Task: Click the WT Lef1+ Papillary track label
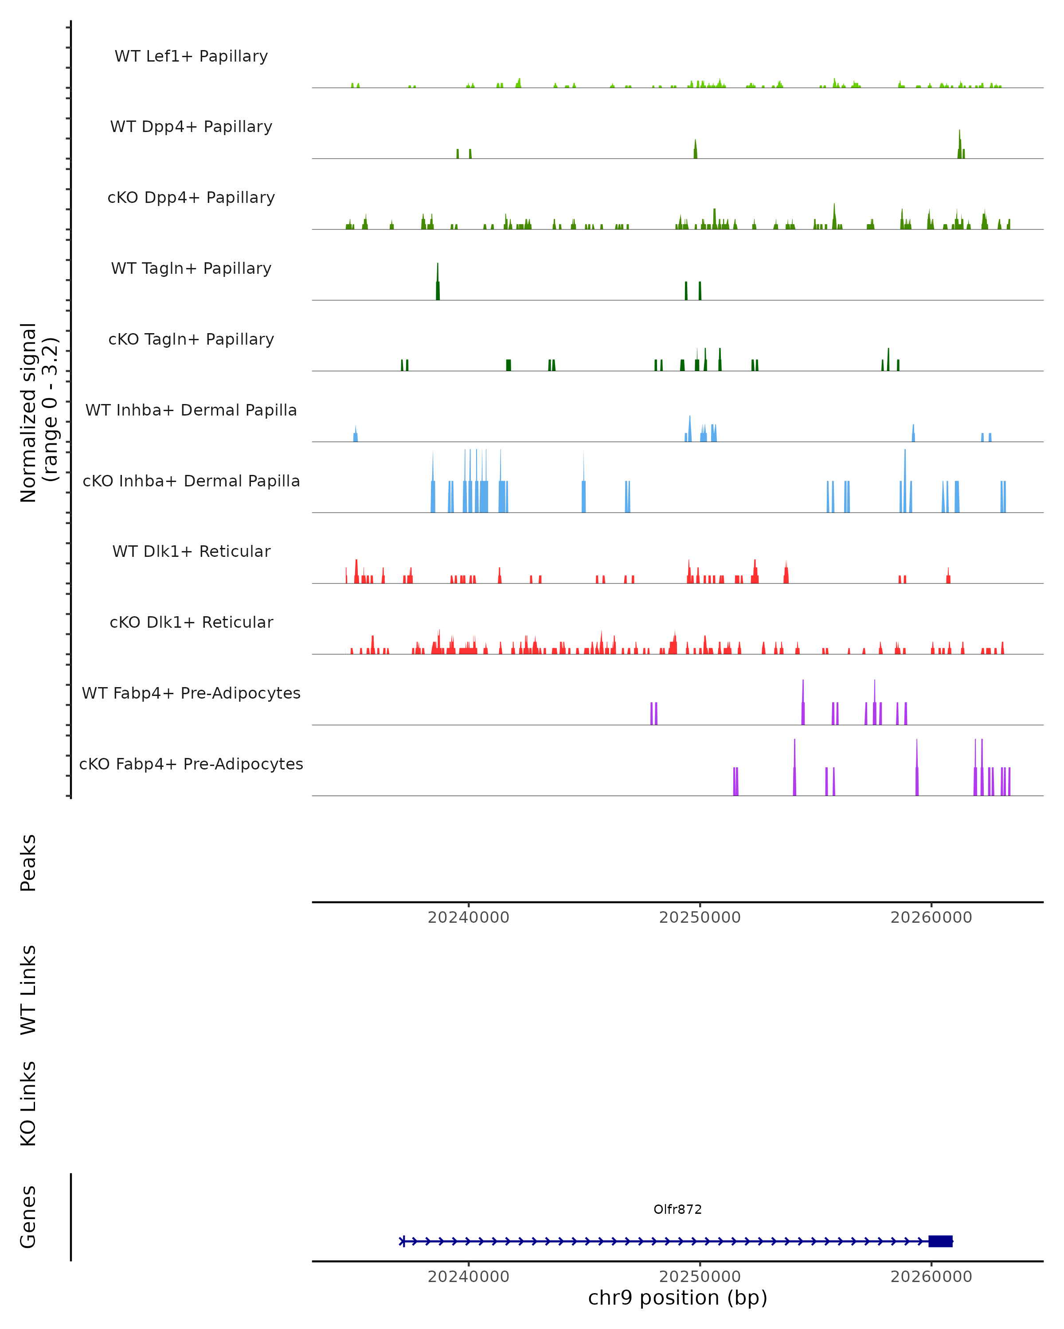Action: (191, 56)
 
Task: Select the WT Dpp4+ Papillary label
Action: (191, 127)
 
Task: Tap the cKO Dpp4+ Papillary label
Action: (191, 198)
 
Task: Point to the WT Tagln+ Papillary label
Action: (191, 269)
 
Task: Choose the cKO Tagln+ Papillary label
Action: (191, 340)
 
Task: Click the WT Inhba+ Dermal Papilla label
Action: (191, 411)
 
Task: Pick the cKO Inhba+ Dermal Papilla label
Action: (191, 482)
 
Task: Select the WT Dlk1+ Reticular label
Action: (191, 552)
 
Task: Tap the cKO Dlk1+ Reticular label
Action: (191, 622)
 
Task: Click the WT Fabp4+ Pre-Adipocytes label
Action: (191, 693)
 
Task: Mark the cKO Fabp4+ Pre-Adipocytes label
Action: (191, 764)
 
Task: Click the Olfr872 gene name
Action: (677, 1209)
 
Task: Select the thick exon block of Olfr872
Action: (940, 1241)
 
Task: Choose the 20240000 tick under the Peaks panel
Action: (468, 917)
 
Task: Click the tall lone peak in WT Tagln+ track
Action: (438, 284)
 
